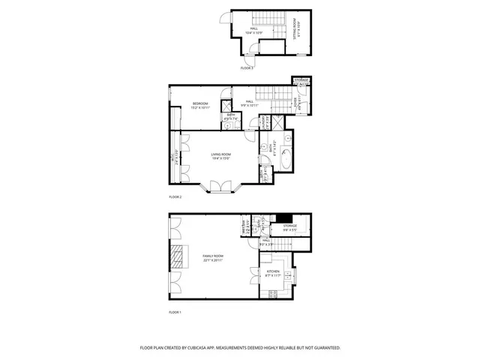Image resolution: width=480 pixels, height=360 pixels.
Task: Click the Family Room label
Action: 213,257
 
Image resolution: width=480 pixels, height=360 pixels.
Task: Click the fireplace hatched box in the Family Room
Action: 177,256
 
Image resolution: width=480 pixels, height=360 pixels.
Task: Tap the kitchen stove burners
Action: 271,293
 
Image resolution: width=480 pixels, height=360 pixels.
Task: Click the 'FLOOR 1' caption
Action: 175,311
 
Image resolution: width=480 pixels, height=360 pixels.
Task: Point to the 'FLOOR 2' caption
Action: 175,196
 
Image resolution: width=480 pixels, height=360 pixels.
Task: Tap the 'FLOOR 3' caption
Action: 247,68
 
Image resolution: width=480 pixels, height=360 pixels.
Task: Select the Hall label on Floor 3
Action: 254,30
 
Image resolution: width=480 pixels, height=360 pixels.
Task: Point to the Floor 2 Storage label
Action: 301,79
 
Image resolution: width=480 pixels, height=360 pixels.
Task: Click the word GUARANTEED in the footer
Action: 325,348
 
